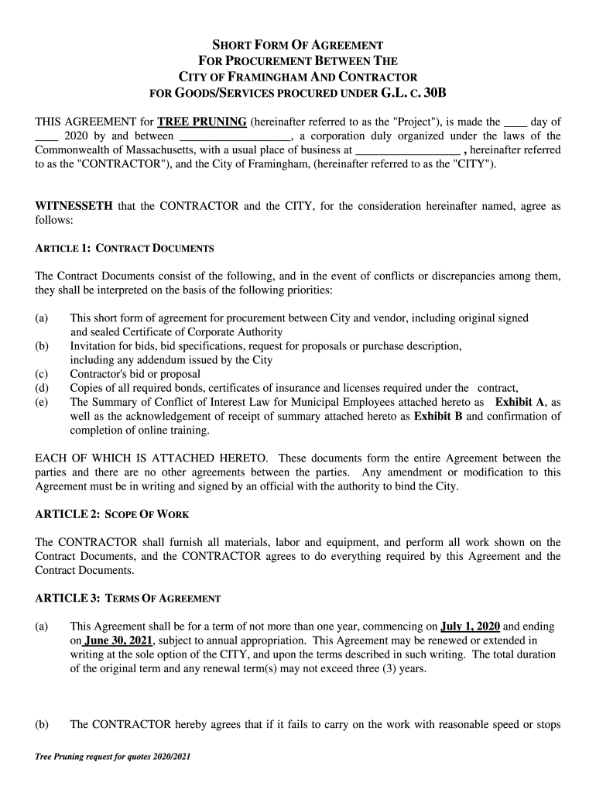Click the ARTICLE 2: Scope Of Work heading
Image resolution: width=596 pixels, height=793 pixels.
(111, 514)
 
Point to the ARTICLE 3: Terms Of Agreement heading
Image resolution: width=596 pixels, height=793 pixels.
(128, 598)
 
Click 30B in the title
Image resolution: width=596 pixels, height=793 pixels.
(430, 93)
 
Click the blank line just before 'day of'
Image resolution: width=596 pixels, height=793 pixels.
(516, 122)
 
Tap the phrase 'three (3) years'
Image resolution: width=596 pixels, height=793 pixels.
(391, 668)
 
